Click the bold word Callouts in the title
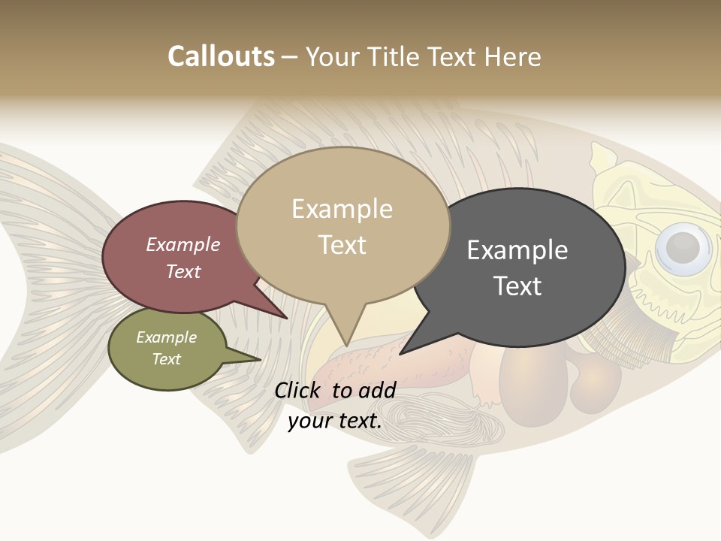[x=221, y=56]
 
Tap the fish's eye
[x=682, y=246]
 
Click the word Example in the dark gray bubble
[x=517, y=250]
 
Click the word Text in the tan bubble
[x=342, y=245]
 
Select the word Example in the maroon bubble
[x=183, y=244]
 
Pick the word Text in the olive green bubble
[x=166, y=359]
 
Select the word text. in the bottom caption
[x=359, y=421]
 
